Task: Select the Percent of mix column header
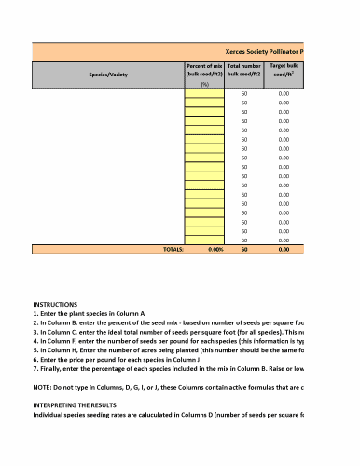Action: click(x=204, y=71)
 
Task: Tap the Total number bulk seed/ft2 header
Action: click(x=244, y=71)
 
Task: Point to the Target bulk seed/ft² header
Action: click(x=284, y=71)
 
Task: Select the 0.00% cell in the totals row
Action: click(x=215, y=250)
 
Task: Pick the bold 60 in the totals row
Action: click(x=244, y=250)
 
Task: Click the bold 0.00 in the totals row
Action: click(x=284, y=250)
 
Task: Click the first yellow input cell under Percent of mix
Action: click(x=204, y=94)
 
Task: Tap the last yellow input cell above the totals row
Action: click(x=204, y=240)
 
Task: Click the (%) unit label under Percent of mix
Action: click(x=204, y=84)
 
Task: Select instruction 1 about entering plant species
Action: click(x=93, y=314)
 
